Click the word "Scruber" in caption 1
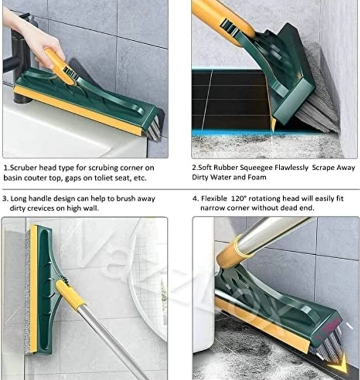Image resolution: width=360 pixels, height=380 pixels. (24, 168)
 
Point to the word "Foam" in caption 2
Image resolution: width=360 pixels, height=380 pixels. (257, 177)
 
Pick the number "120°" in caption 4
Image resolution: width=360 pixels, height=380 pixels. (239, 198)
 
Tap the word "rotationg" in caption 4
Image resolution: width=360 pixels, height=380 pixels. (265, 199)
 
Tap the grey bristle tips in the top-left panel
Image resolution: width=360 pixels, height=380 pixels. (154, 128)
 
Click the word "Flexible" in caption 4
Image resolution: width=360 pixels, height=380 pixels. (214, 198)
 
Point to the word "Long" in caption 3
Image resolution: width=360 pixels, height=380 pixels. (19, 199)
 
